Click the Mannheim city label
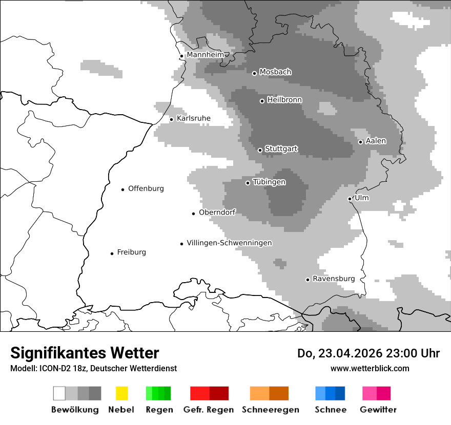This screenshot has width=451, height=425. (x=205, y=55)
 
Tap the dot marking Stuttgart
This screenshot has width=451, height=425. (x=260, y=150)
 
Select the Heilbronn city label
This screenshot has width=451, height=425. (x=284, y=100)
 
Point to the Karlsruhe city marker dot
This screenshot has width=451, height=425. (x=172, y=119)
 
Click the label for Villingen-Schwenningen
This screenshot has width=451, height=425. (x=229, y=243)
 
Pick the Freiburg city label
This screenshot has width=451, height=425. (x=131, y=252)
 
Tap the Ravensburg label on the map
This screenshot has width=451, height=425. (x=334, y=279)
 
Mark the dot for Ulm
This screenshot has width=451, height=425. (x=350, y=199)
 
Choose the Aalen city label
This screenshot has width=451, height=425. (x=376, y=141)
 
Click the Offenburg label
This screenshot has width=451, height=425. (x=146, y=188)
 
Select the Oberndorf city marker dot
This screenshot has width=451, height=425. (x=193, y=214)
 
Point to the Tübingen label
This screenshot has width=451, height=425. (x=269, y=182)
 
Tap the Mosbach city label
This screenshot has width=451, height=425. (x=275, y=72)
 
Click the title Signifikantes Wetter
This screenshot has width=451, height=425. (x=85, y=353)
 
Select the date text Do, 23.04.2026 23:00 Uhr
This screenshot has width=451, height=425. (x=368, y=353)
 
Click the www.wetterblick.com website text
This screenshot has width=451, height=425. (x=370, y=368)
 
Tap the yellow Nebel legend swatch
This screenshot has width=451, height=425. (x=121, y=393)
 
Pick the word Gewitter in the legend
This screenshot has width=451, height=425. (x=378, y=410)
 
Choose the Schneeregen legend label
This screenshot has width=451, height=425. (x=270, y=410)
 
